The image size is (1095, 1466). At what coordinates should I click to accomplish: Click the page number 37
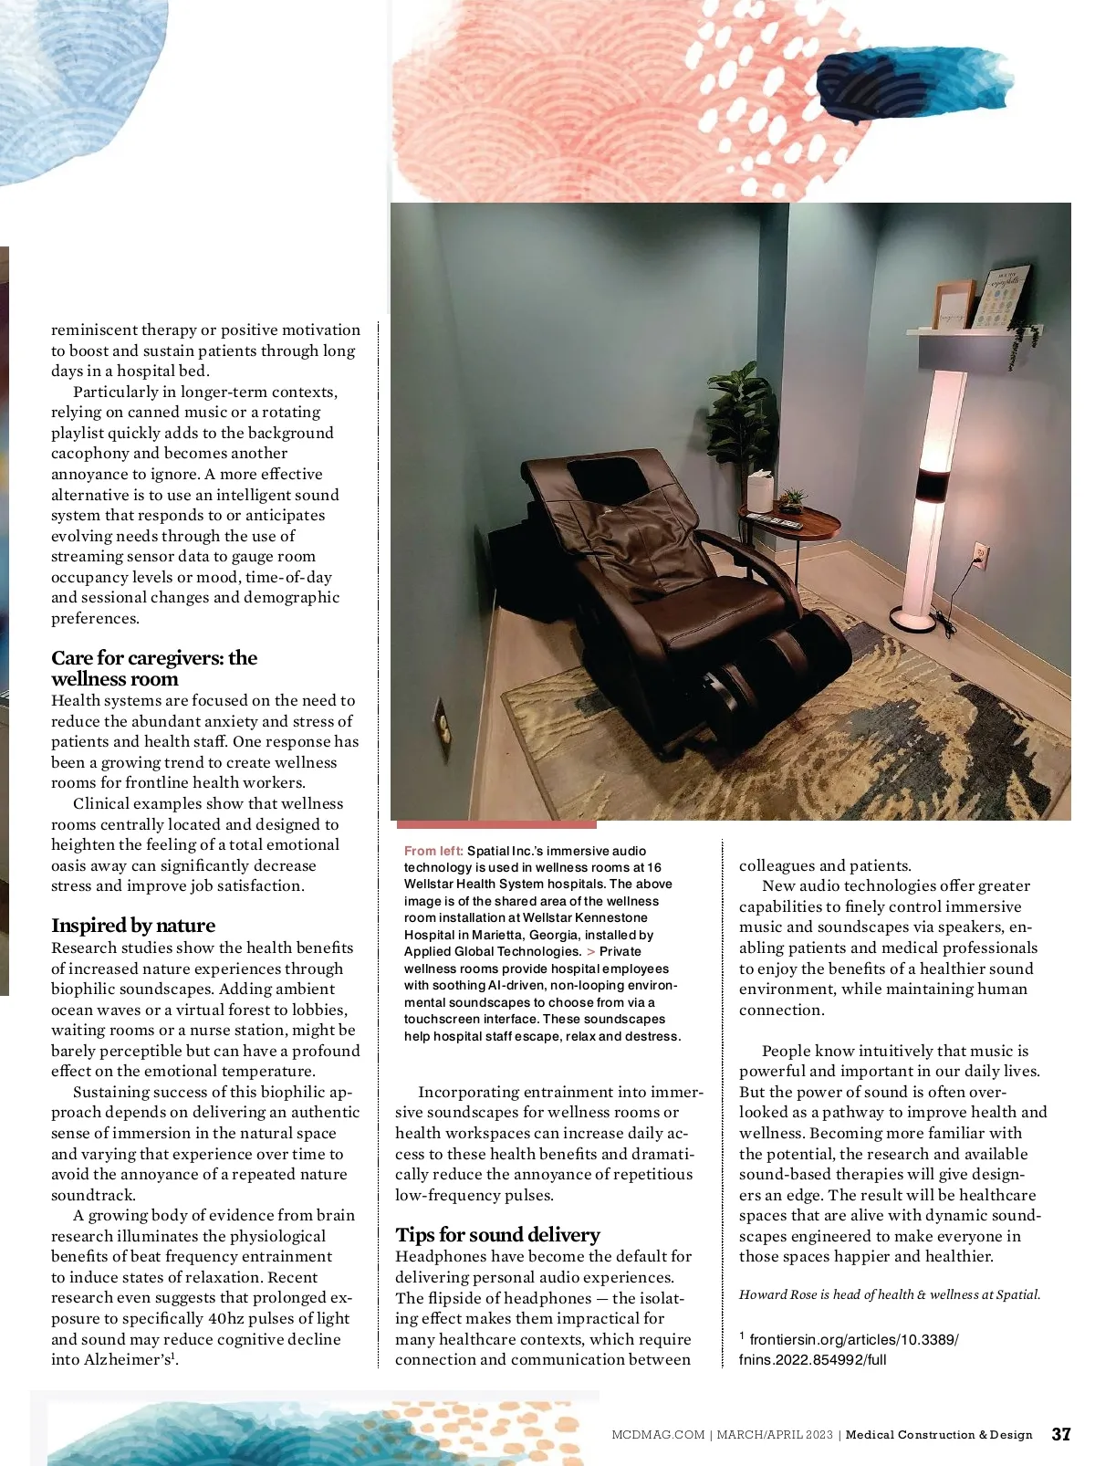pyautogui.click(x=1060, y=1434)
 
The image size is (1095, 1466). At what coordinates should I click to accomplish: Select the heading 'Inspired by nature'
pyautogui.click(x=133, y=926)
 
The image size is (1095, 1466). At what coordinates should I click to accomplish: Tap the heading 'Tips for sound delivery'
pyautogui.click(x=497, y=1235)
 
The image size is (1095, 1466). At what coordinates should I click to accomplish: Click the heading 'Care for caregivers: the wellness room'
pyautogui.click(x=153, y=668)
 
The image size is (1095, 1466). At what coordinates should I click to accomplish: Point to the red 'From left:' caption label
pyautogui.click(x=433, y=851)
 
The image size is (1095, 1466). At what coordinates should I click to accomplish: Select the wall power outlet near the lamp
pyautogui.click(x=981, y=554)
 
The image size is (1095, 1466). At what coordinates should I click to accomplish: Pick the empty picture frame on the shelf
pyautogui.click(x=954, y=305)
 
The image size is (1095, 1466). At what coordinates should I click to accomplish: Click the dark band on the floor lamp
pyautogui.click(x=932, y=485)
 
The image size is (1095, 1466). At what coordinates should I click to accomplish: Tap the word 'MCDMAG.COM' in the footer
pyautogui.click(x=658, y=1435)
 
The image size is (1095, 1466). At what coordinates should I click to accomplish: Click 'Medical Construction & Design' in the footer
pyautogui.click(x=939, y=1435)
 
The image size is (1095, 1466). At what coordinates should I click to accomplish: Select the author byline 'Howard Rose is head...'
pyautogui.click(x=889, y=1294)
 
